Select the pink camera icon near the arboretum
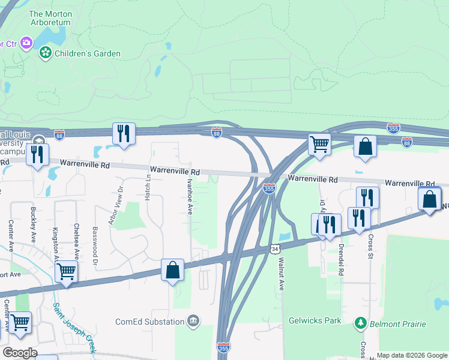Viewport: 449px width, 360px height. (26, 42)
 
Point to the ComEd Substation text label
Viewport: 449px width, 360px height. (150, 322)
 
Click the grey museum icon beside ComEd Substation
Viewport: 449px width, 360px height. (193, 322)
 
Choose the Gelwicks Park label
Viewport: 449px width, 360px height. (315, 320)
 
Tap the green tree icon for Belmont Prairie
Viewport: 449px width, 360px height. (360, 324)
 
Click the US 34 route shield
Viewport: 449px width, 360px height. (274, 248)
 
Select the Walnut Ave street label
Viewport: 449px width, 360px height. (281, 275)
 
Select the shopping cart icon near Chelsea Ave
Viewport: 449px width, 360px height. (66, 271)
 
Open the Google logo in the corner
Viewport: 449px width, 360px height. (20, 353)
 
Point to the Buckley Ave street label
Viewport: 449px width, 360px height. (32, 223)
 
